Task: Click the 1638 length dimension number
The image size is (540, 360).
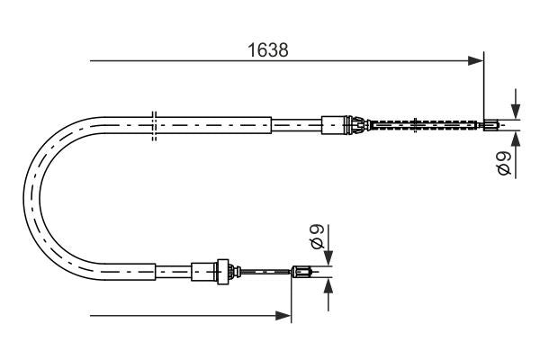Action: pos(269,50)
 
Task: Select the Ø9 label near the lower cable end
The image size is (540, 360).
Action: pos(316,237)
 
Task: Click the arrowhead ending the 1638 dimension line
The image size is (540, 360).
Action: pos(477,61)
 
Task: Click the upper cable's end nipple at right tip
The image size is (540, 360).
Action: pos(490,124)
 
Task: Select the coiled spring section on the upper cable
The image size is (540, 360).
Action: pos(423,124)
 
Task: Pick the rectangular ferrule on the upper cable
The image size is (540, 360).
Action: pos(334,123)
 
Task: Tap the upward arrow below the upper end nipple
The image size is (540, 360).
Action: pos(514,139)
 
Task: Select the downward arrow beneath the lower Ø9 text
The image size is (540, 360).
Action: pos(328,256)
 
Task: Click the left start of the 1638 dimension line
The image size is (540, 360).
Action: pos(91,61)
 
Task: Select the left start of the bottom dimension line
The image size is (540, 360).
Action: pos(91,316)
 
